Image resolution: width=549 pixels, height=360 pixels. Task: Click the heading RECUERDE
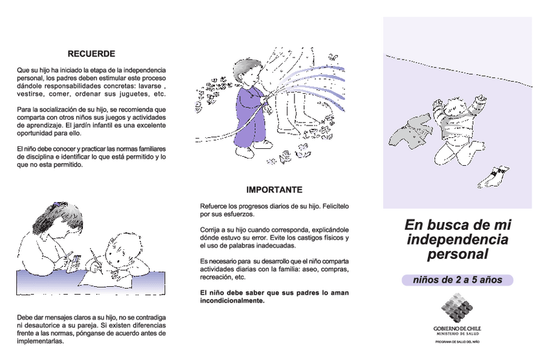click(91, 53)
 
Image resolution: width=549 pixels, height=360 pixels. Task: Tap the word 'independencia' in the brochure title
click(457, 240)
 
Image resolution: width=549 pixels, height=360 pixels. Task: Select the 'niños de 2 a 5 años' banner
click(456, 280)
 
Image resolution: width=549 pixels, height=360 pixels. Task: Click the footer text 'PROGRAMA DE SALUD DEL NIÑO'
click(457, 341)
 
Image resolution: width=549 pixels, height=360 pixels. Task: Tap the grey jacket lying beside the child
click(409, 132)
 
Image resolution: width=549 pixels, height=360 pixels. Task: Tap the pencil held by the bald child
click(96, 257)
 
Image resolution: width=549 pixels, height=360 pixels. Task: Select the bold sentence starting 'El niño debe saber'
click(274, 297)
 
